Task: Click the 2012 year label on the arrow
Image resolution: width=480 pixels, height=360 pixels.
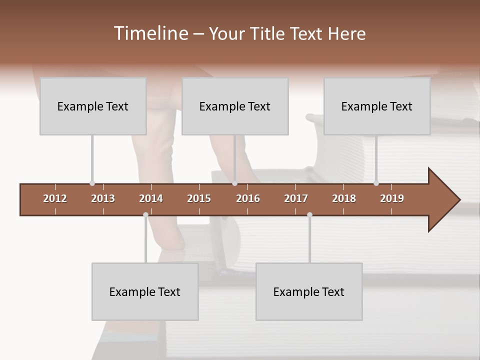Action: point(55,198)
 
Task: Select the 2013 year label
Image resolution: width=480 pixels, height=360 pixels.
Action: point(103,198)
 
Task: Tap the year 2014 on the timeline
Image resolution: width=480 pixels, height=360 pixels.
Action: point(151,198)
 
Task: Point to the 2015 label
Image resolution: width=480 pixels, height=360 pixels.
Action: point(199,198)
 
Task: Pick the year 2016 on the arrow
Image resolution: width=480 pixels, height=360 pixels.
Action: point(248,198)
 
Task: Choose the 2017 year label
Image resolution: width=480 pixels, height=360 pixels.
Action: point(296,198)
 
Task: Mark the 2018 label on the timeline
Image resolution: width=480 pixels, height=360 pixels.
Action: point(344,198)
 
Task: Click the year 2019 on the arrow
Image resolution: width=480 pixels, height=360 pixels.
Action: point(392,198)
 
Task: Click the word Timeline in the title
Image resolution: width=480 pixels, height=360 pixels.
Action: point(150,33)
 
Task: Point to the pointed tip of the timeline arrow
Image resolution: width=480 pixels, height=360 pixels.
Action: point(459,200)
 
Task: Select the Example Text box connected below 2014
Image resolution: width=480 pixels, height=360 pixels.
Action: point(145,292)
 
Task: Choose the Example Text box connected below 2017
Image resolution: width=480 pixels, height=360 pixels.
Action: point(309,292)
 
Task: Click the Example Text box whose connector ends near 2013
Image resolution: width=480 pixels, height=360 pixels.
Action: point(93,106)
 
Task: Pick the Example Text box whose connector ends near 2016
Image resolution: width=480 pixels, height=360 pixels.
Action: point(235,106)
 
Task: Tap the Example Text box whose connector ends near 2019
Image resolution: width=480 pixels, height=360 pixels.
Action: point(377,106)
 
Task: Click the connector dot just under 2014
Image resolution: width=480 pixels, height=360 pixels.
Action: point(145,214)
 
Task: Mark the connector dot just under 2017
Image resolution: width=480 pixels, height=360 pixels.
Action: point(309,214)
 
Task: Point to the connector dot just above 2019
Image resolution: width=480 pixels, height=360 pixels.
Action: point(376,183)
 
